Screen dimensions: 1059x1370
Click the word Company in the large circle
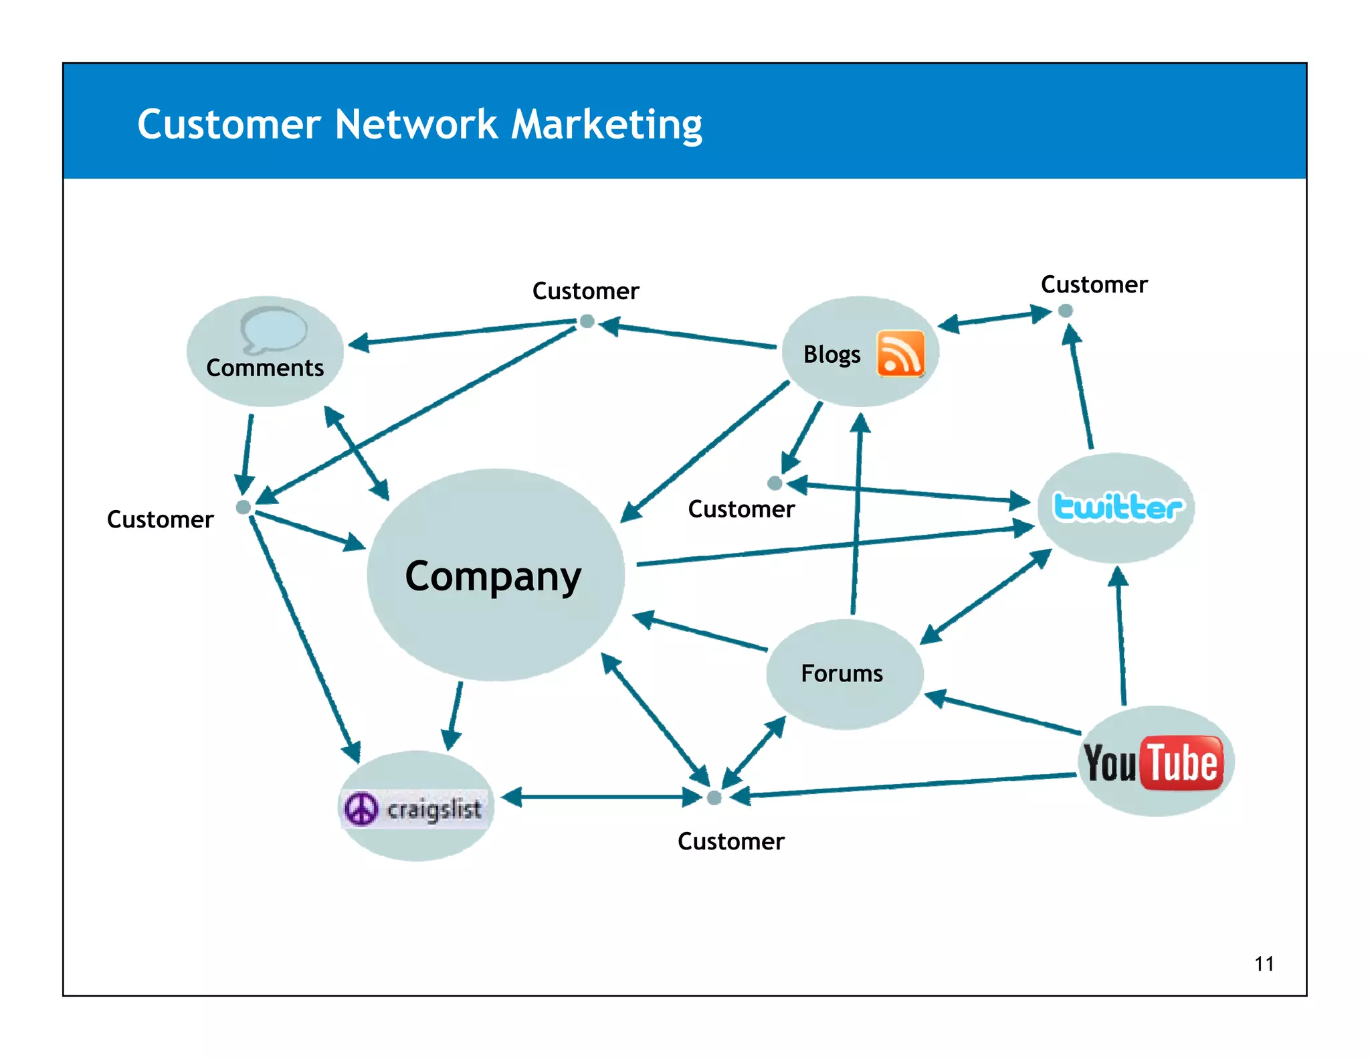[493, 576]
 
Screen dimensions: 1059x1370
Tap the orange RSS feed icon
[900, 353]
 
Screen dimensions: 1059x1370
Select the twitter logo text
[1117, 507]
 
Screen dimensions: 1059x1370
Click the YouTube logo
[1154, 763]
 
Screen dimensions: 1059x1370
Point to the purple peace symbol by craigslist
[361, 809]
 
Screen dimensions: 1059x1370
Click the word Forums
[842, 673]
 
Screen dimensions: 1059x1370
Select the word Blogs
[831, 354]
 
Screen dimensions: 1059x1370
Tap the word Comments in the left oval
[265, 368]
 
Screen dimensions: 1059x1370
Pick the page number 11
[1264, 964]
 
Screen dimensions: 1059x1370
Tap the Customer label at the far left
[160, 519]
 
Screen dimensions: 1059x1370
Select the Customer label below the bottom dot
[730, 841]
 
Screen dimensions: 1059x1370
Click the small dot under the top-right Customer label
[1066, 311]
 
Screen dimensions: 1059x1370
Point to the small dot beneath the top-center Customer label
[587, 321]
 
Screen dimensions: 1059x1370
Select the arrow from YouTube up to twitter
[1120, 636]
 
